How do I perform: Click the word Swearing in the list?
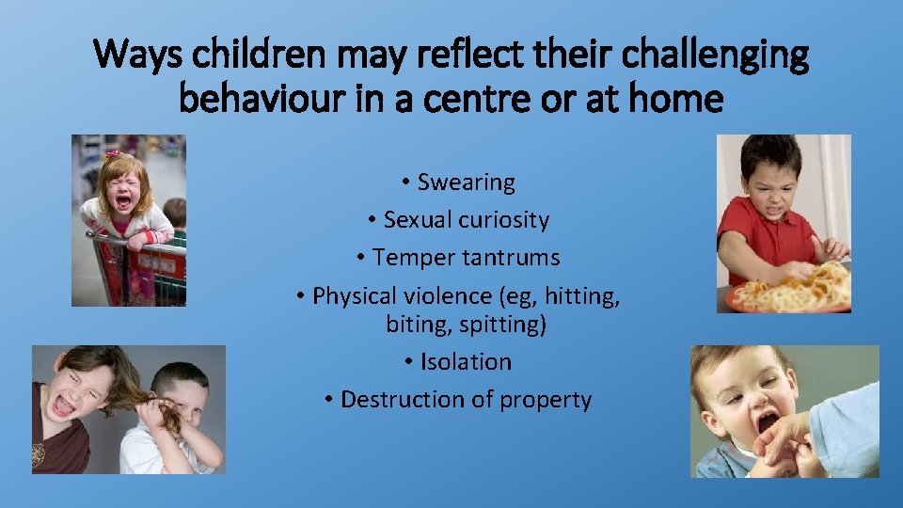(467, 182)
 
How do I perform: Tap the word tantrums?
(515, 258)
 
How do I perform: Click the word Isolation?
(467, 361)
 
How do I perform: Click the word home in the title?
(679, 97)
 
